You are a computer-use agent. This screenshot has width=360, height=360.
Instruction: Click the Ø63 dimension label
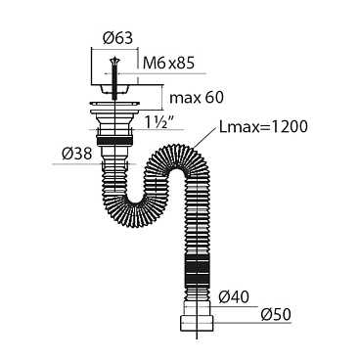pos(117,38)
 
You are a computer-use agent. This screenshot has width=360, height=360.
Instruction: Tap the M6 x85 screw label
pos(168,63)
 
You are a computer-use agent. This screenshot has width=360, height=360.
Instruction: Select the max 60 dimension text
pos(197,98)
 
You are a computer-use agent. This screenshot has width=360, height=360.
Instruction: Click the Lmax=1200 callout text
pos(263,126)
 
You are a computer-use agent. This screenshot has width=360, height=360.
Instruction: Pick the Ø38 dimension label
pos(76,154)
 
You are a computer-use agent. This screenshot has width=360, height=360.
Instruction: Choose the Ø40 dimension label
pos(234,297)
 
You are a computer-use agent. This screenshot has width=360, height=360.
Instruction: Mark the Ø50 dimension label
pos(276,315)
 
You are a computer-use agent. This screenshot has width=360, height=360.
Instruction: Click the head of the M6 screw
pos(114,61)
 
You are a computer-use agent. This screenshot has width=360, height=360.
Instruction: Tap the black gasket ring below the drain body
pos(114,141)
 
